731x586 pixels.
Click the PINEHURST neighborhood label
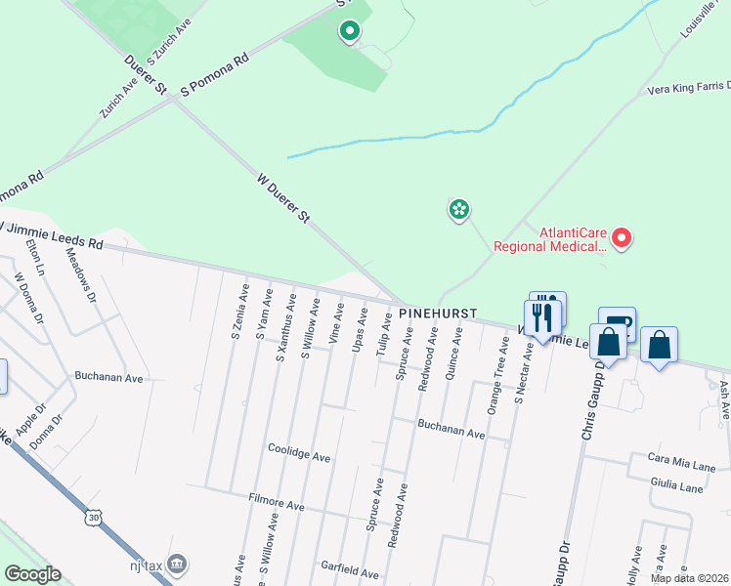coord(438,314)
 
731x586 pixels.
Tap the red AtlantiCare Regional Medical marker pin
coord(622,237)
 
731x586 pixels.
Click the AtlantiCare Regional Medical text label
coord(550,240)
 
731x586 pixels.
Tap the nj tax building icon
coord(177,564)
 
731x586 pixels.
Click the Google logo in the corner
coord(32,574)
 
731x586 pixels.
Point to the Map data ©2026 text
coord(689,578)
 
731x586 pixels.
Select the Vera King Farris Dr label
coord(688,89)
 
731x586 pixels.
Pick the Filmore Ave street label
coord(277,506)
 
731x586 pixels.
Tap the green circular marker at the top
coord(349,31)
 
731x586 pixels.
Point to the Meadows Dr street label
coord(85,276)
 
